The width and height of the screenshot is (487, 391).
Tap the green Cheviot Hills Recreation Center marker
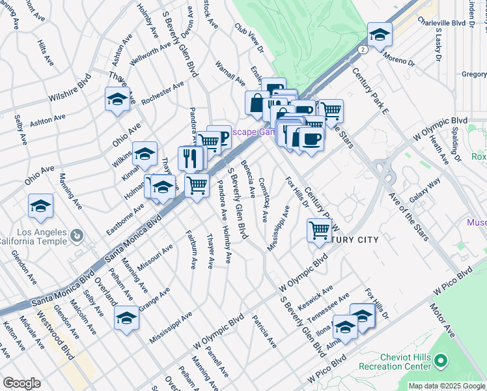[x=441, y=360]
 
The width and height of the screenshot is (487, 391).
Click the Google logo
[x=21, y=383]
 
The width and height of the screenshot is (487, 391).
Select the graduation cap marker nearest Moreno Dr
[x=380, y=34]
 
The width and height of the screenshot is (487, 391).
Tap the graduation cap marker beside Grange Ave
[x=126, y=317]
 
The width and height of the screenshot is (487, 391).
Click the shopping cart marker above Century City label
[x=318, y=229]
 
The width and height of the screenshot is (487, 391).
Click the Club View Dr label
[x=249, y=38]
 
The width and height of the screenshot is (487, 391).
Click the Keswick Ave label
[x=315, y=297]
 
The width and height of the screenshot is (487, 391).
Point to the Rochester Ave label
[x=163, y=95]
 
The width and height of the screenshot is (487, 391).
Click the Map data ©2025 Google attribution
[x=446, y=386]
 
